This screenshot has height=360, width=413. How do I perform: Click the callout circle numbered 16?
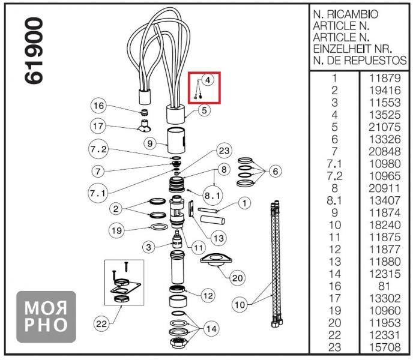click(98, 106)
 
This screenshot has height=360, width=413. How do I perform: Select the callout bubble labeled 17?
click(98, 126)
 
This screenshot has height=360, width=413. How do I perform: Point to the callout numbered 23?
click(224, 150)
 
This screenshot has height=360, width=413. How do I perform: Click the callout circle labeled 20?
click(238, 278)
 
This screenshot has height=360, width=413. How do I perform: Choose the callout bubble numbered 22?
click(103, 324)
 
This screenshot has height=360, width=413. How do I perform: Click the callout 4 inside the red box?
click(206, 80)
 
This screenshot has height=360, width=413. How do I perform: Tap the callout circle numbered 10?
click(240, 305)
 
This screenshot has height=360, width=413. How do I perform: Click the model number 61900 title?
click(33, 52)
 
